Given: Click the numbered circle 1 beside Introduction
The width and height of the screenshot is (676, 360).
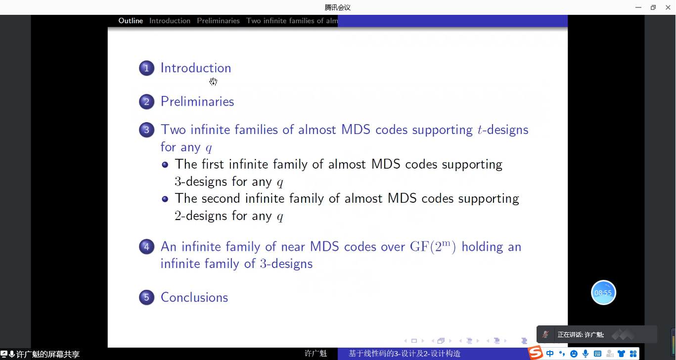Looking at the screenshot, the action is pos(147,68).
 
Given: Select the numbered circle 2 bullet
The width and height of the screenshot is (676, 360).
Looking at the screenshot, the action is pos(147,102).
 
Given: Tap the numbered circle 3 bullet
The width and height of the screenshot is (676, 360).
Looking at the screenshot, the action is pos(147,130).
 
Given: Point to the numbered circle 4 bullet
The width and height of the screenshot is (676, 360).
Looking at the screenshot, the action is pos(147,247).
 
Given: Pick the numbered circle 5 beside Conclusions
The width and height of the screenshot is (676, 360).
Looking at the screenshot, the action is pos(147,297).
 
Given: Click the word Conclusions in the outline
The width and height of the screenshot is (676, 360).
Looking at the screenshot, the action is pos(194,298).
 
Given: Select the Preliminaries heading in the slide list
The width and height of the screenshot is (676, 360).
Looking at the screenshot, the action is pos(197,102).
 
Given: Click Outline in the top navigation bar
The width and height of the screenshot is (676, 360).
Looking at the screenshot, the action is pos(131,21).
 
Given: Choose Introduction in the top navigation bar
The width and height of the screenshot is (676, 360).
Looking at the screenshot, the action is pos(170,21).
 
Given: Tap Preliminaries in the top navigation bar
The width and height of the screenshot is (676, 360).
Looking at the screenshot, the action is pos(218,21).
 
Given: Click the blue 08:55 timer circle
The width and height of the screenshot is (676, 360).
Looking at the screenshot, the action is pos(603,293).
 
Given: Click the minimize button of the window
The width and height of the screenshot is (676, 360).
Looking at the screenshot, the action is pos(638,7).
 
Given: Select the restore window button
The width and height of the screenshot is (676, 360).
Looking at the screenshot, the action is pos(653,7).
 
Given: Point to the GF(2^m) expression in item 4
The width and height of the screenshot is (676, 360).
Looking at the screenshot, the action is pos(433,247).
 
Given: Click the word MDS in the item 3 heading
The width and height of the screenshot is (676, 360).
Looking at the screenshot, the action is pos(356,130).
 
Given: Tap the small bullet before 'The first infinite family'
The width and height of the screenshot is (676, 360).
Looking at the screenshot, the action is pos(165,165).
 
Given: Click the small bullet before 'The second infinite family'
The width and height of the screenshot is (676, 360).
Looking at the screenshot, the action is pos(165,199).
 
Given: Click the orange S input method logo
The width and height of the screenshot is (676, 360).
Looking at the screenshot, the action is pos(536,353).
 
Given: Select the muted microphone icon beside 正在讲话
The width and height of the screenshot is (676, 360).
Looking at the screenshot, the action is pos(545,334).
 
